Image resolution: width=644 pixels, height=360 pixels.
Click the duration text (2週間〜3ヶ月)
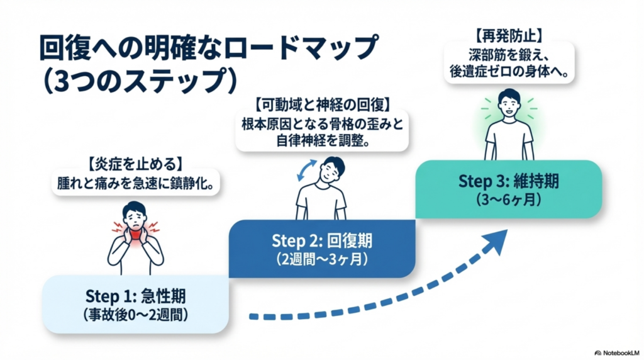click(x=321, y=259)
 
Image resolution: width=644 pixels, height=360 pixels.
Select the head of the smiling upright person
click(x=508, y=103)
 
